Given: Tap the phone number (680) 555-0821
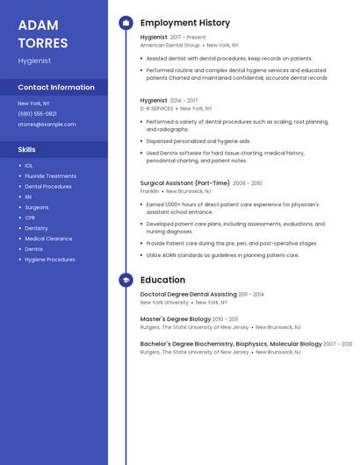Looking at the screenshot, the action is [x=37, y=113].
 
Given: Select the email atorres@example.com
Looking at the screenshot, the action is [x=47, y=124].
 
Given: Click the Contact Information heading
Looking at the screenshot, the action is [x=56, y=87].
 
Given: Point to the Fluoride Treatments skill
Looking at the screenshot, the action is [x=50, y=175].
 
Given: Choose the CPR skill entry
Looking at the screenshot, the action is [x=30, y=218].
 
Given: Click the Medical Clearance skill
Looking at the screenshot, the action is [x=48, y=239].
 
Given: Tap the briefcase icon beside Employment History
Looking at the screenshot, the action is [x=126, y=23].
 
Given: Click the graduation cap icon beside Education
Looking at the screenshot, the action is [x=126, y=280].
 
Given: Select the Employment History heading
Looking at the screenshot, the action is [x=185, y=23].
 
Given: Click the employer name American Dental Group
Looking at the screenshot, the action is [x=169, y=45].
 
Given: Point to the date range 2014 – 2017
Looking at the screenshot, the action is [x=184, y=101].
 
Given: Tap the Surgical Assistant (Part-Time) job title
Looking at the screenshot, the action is [x=184, y=183].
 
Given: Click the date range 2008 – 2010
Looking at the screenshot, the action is [x=247, y=183].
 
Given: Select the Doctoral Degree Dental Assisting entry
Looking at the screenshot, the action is [x=188, y=295].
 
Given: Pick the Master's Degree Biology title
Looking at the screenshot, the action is [x=175, y=319].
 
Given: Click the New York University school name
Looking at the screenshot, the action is [x=164, y=302].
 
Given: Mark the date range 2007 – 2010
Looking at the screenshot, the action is [x=337, y=344].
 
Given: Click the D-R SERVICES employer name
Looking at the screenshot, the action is [x=156, y=108].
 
